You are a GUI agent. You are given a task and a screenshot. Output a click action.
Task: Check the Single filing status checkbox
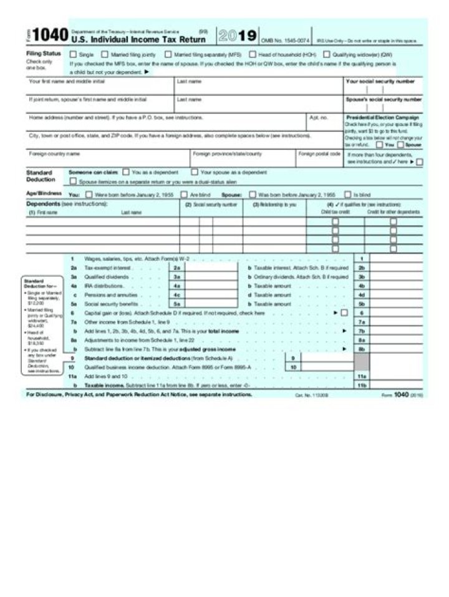(73, 54)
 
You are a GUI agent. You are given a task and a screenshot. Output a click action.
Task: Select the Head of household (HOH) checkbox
(252, 54)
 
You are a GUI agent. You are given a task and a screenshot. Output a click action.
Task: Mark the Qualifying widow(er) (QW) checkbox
(326, 54)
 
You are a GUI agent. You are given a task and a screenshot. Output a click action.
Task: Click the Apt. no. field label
(317, 117)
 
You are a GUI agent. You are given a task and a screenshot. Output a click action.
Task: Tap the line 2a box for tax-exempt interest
(177, 267)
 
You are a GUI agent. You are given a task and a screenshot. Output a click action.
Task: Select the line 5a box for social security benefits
(177, 304)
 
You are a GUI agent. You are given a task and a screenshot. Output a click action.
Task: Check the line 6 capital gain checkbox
(344, 313)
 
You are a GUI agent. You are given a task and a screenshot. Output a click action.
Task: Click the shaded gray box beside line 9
(362, 363)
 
